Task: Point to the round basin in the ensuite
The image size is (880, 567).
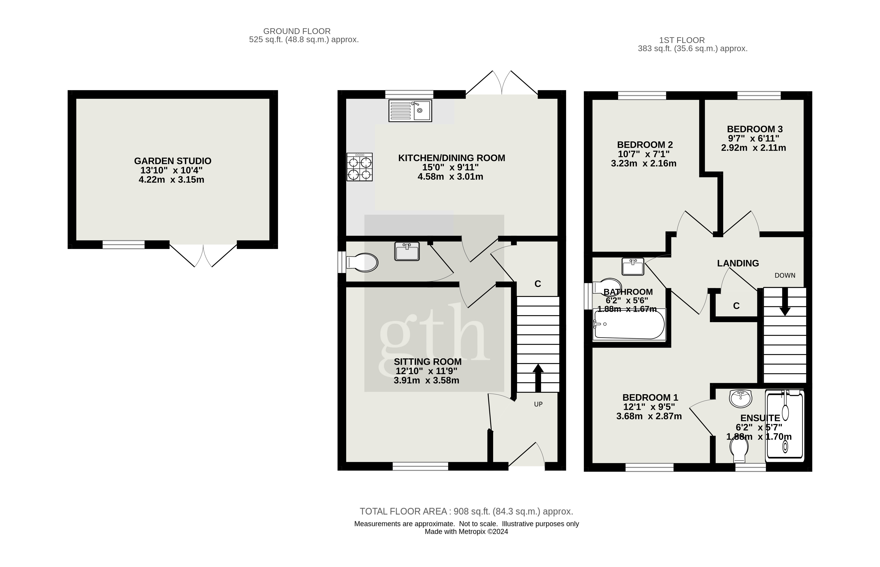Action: click(740, 399)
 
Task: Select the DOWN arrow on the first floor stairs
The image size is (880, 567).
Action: click(785, 302)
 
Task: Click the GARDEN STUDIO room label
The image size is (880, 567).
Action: click(173, 161)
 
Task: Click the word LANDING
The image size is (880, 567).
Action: click(738, 263)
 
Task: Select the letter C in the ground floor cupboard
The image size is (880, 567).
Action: click(538, 284)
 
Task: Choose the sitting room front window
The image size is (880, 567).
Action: click(420, 467)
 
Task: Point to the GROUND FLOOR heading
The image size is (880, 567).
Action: click(297, 31)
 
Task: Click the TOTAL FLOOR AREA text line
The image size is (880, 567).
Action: click(466, 511)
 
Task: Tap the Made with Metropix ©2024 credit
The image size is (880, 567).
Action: click(466, 532)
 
